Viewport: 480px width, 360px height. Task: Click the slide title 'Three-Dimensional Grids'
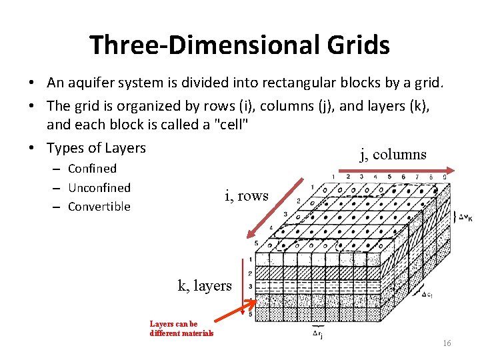[239, 45]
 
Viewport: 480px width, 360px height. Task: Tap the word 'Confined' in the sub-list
[92, 169]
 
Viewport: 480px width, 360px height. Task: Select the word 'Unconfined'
[99, 187]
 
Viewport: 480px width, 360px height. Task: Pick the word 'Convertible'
[99, 207]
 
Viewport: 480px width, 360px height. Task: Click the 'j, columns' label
[393, 155]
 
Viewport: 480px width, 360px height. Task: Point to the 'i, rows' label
[247, 195]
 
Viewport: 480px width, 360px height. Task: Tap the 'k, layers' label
[205, 285]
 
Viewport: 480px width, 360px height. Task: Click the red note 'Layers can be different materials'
[181, 329]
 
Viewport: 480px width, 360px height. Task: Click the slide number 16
[447, 343]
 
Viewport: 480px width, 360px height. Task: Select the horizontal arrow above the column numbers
[387, 171]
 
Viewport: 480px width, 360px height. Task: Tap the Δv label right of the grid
[465, 217]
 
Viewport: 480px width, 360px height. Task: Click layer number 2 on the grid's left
[249, 273]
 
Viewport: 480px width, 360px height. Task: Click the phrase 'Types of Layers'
[96, 147]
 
